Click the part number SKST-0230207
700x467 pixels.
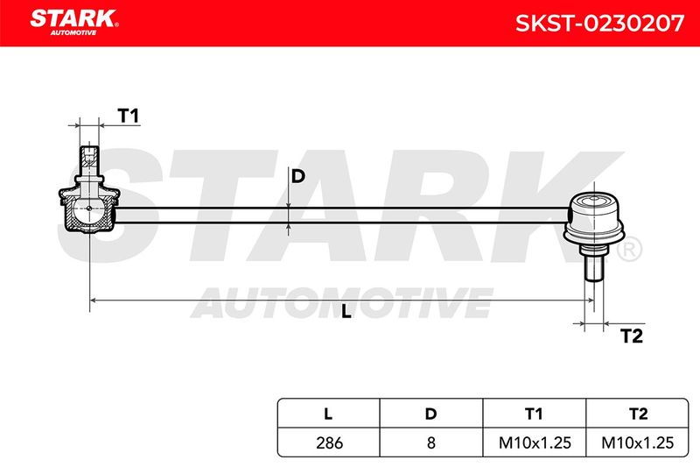[x=599, y=24]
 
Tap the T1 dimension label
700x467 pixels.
[x=129, y=116]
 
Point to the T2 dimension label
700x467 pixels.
[x=632, y=336]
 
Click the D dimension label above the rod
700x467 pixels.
[x=297, y=176]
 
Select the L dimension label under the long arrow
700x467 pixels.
[x=346, y=312]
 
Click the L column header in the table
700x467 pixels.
[x=328, y=414]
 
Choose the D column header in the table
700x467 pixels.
[x=430, y=414]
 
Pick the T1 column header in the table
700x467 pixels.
[x=534, y=414]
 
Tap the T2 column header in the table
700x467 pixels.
[x=638, y=414]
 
